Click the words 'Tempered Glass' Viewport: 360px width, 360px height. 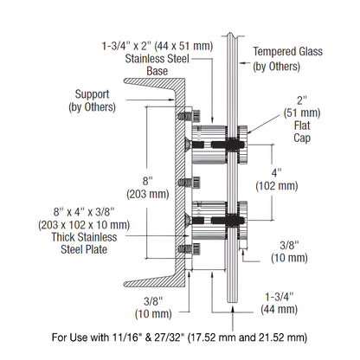[288, 51]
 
